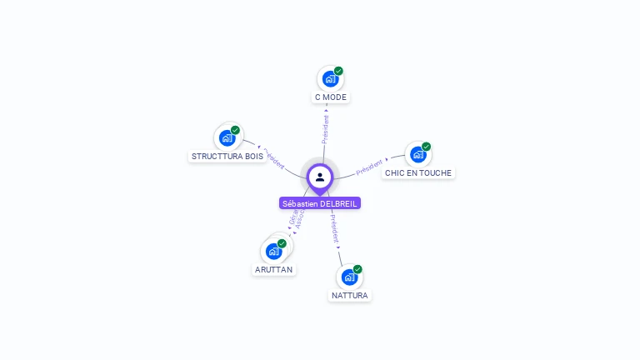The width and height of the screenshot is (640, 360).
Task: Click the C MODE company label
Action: [x=330, y=97]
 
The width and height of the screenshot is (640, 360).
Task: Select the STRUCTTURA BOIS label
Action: [x=227, y=157]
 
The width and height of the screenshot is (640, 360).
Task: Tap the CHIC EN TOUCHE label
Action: [x=418, y=173]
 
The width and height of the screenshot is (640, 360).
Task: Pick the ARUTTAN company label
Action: [x=274, y=270]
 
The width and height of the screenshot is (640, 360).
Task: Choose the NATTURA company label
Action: [x=349, y=296]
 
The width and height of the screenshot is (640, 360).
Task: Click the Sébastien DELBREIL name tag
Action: [x=320, y=203]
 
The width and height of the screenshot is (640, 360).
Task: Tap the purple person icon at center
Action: [x=320, y=177]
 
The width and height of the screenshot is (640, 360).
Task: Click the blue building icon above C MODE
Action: [x=330, y=79]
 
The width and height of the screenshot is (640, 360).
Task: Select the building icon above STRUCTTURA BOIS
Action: [x=227, y=138]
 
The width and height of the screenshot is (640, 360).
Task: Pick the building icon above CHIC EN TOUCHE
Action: [x=417, y=155]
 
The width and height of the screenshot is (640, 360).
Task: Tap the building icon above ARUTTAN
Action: [x=273, y=251]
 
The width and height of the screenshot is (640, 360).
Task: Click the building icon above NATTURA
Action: [x=349, y=277]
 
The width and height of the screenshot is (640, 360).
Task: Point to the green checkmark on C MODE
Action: [x=338, y=71]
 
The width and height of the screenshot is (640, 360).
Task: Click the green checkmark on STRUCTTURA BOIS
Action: [x=235, y=130]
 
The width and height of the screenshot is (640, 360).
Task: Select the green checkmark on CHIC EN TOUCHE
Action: [x=426, y=147]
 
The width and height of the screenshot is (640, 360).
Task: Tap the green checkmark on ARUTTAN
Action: [x=282, y=243]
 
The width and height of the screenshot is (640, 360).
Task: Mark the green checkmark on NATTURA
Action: [x=357, y=269]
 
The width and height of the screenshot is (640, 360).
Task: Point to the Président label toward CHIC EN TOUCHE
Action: [x=370, y=167]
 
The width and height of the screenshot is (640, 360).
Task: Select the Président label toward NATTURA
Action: [x=334, y=231]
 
